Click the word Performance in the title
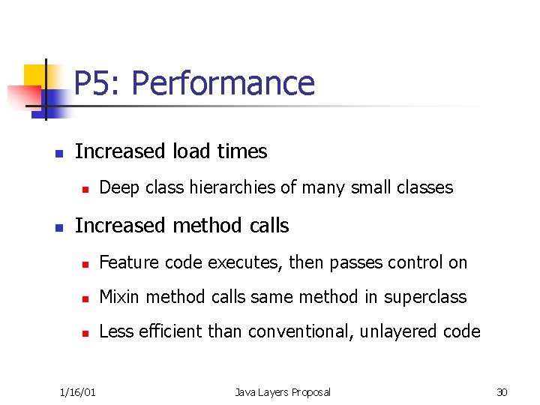pyautogui.click(x=223, y=83)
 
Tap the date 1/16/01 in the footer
pyautogui.click(x=77, y=391)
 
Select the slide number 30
pyautogui.click(x=502, y=391)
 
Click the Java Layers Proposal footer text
pyautogui.click(x=282, y=391)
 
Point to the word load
pyautogui.click(x=191, y=151)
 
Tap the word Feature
pyautogui.click(x=129, y=262)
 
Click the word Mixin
pyautogui.click(x=120, y=297)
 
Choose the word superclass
pyautogui.click(x=425, y=297)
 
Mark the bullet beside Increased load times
pyautogui.click(x=58, y=152)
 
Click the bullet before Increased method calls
pyautogui.click(x=58, y=226)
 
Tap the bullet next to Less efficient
pyautogui.click(x=86, y=332)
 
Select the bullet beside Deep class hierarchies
pyautogui.click(x=86, y=188)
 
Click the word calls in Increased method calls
pyautogui.click(x=266, y=226)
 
